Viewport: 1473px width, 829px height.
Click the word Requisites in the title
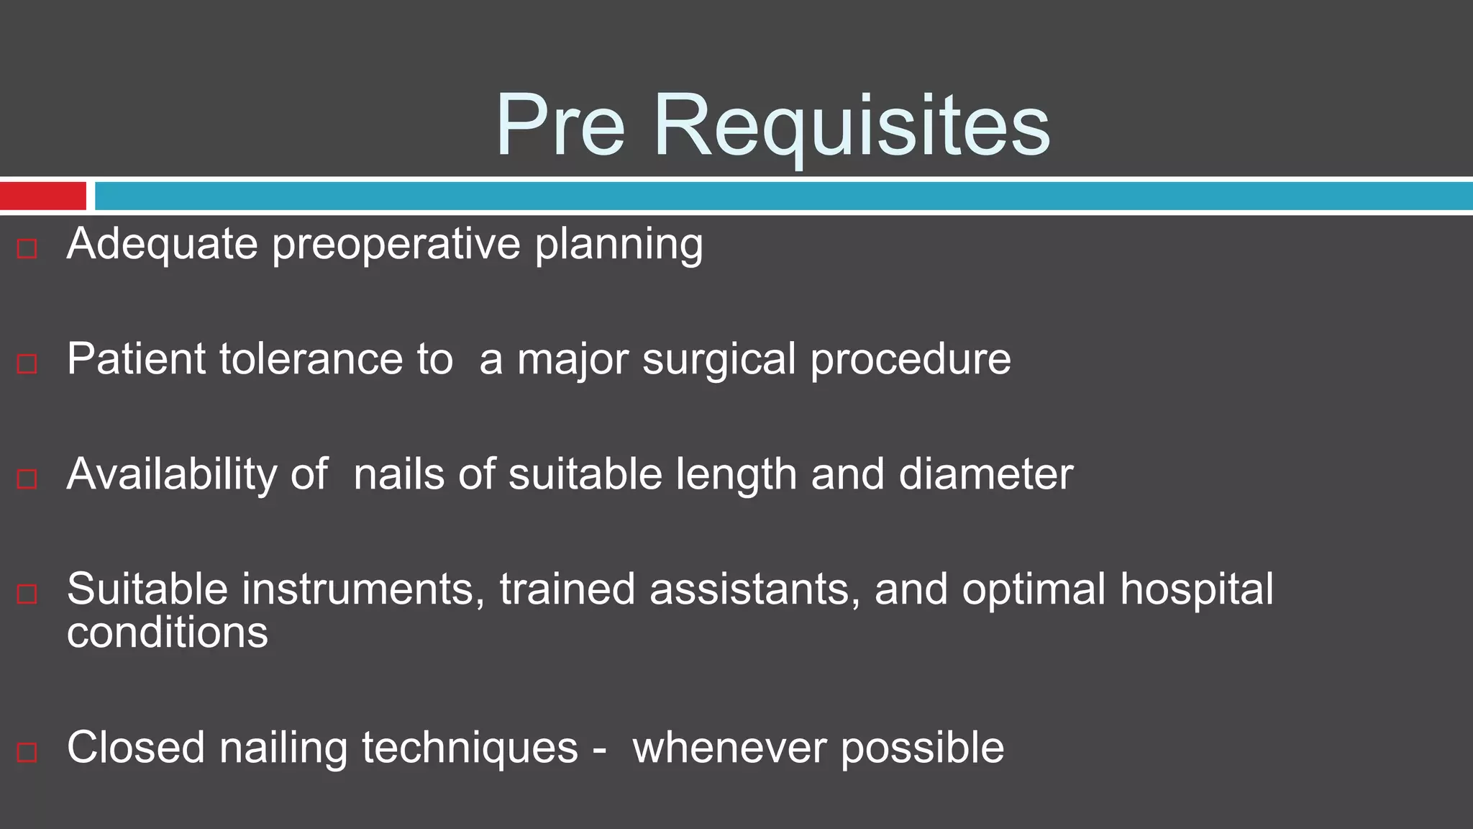coord(852,126)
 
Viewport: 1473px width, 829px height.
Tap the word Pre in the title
coord(560,126)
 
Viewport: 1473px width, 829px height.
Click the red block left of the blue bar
coord(43,196)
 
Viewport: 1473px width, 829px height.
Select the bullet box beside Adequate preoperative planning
coord(27,249)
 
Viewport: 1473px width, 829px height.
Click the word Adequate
coord(162,245)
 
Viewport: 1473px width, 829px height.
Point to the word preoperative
coord(396,245)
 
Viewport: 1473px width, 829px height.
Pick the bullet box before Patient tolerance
coord(27,363)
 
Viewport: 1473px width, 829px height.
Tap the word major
coord(573,360)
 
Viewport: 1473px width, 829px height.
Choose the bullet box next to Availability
coord(27,479)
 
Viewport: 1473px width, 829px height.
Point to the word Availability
coord(172,475)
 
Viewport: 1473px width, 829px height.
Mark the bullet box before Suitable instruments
coord(27,594)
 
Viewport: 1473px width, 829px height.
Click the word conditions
coord(167,633)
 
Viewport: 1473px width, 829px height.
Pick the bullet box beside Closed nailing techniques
coord(27,752)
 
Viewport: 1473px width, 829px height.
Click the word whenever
coord(729,748)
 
